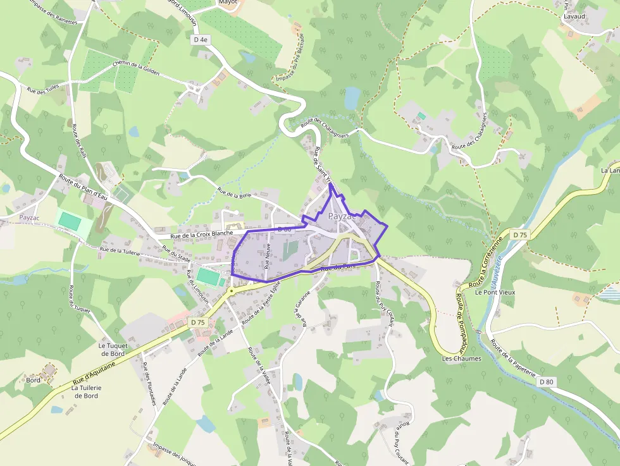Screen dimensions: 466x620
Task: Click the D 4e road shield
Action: tap(200, 39)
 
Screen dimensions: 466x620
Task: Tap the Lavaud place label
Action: tap(574, 16)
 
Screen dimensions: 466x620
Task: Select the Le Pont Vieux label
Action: tap(495, 293)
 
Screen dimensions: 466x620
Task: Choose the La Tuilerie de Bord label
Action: tap(86, 391)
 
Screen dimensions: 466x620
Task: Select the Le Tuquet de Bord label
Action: tap(113, 350)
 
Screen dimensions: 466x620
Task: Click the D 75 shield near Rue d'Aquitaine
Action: tap(198, 322)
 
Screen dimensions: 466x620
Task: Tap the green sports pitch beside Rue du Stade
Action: tap(210, 276)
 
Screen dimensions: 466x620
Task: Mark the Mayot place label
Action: tap(228, 3)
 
